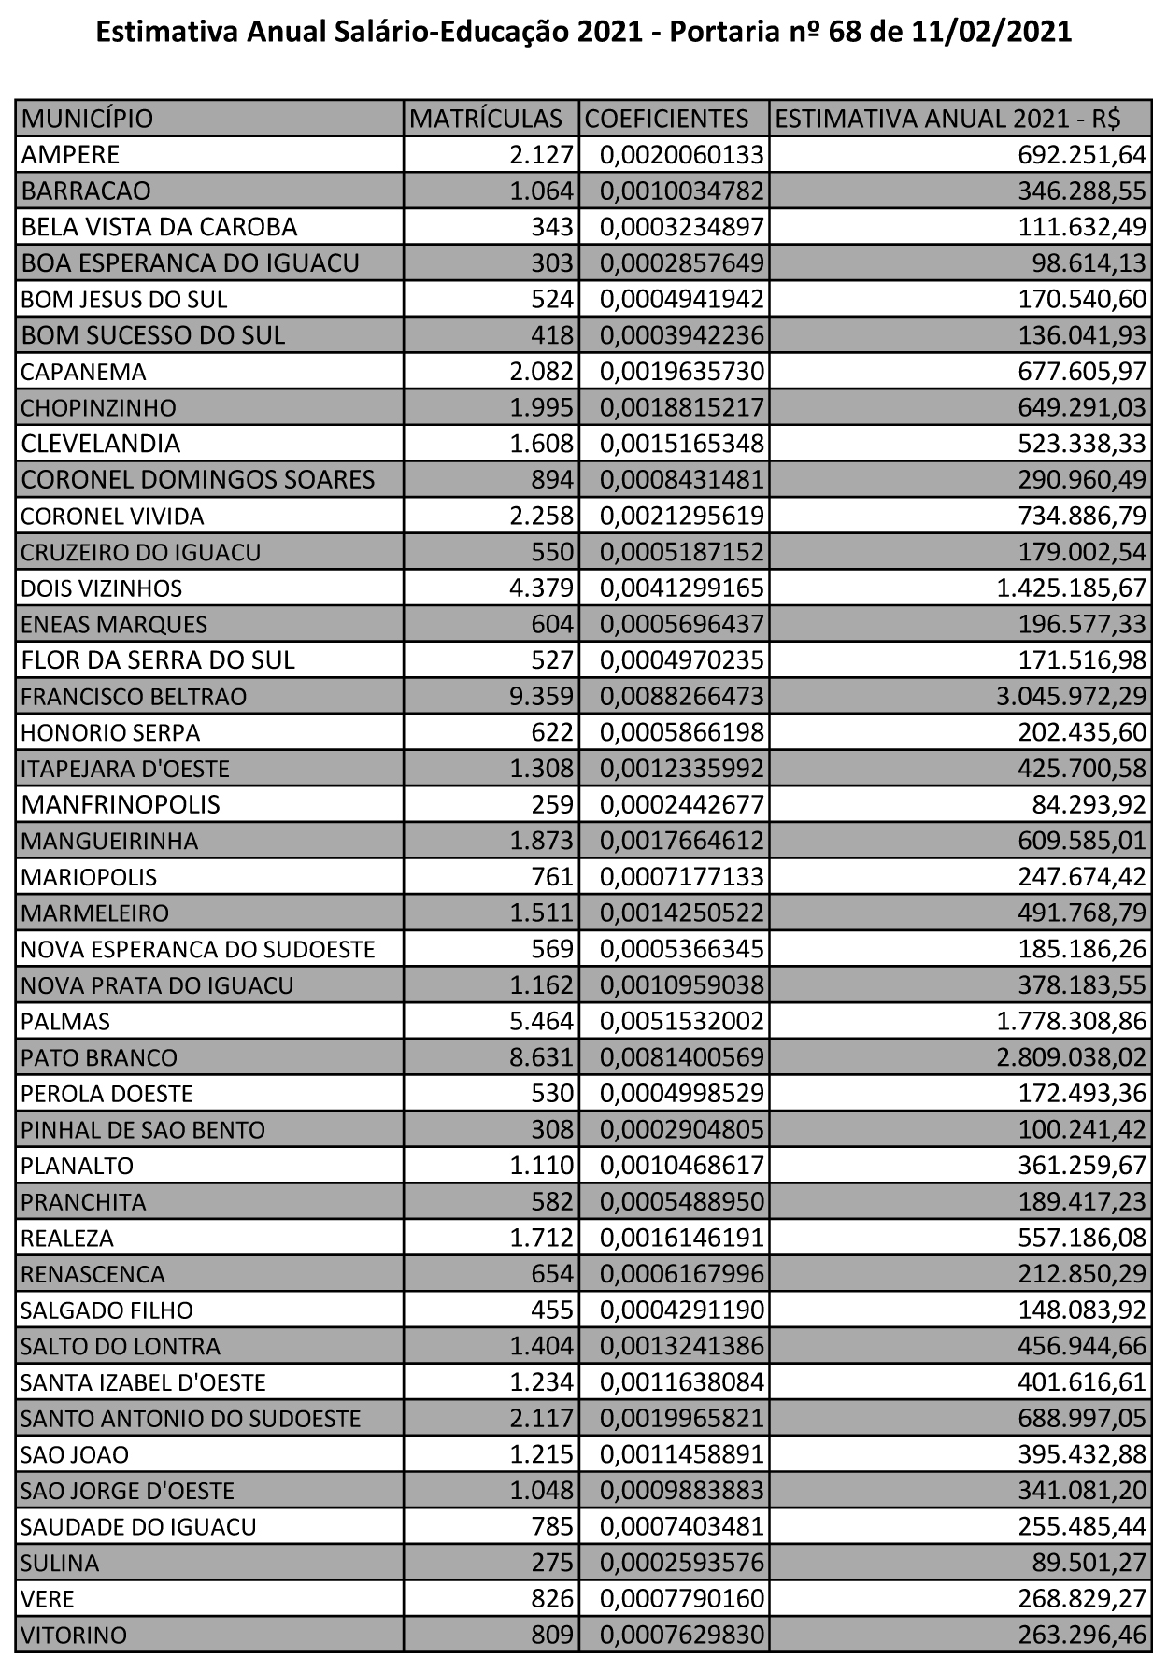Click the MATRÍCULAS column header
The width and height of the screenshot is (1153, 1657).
[487, 119]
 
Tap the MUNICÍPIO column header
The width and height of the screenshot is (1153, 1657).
[87, 119]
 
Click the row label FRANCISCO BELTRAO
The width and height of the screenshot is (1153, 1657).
[133, 697]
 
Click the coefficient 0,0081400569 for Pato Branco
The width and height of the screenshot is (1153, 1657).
[682, 1058]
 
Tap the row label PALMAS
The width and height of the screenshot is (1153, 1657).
[65, 1022]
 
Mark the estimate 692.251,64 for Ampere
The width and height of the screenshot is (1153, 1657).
[1076, 154]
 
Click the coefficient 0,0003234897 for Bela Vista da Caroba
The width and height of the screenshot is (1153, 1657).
[682, 227]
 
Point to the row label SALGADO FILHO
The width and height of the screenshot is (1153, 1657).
[107, 1310]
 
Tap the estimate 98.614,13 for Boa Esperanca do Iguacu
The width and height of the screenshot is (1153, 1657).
[1084, 263]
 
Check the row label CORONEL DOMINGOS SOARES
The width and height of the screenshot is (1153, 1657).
[197, 480]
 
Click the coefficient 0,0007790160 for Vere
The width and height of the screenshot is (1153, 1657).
[682, 1599]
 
